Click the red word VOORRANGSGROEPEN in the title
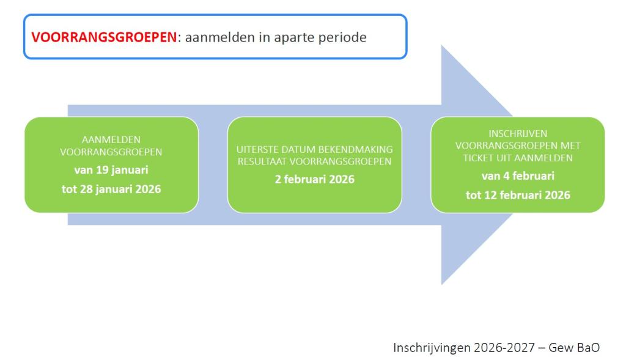pyautogui.click(x=104, y=37)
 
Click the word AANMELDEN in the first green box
pyautogui.click(x=111, y=140)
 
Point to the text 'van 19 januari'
pyautogui.click(x=111, y=170)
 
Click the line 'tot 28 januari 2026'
pyautogui.click(x=111, y=189)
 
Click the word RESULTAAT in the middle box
pyautogui.click(x=262, y=161)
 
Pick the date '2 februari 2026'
pyautogui.click(x=315, y=179)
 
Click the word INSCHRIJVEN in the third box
pyautogui.click(x=518, y=134)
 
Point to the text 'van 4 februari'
pyautogui.click(x=518, y=176)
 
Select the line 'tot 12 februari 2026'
pyautogui.click(x=518, y=195)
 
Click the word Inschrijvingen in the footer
pyautogui.click(x=432, y=348)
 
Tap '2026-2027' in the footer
pyautogui.click(x=504, y=348)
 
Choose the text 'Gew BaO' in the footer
pyautogui.click(x=574, y=348)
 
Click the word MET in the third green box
pyautogui.click(x=571, y=145)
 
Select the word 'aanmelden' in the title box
pyautogui.click(x=214, y=37)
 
